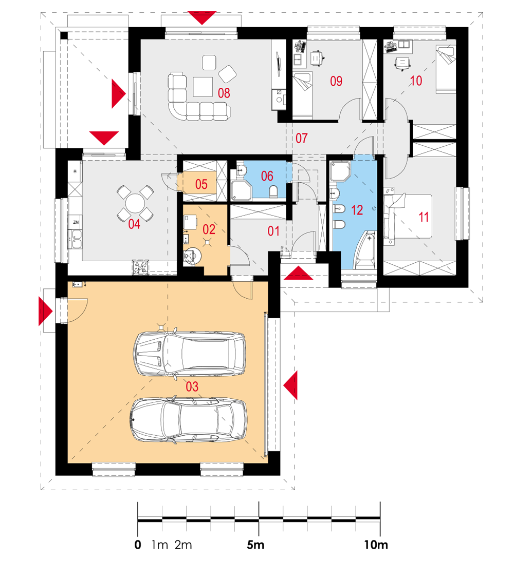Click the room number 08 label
(x=224, y=93)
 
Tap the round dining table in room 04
(x=135, y=204)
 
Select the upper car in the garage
(x=190, y=354)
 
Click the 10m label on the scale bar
(x=376, y=545)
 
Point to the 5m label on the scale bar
(x=255, y=545)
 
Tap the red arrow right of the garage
(x=290, y=385)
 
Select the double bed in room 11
(x=408, y=217)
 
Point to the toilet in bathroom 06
(x=274, y=191)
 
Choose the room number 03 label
(x=192, y=386)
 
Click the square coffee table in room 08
(x=203, y=87)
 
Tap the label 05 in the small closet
(x=201, y=184)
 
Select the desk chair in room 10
(x=402, y=64)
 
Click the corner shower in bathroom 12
(x=340, y=171)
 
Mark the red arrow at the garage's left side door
(x=46, y=311)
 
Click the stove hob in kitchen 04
(x=141, y=267)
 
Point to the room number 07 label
(x=301, y=138)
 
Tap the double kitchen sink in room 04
(x=76, y=240)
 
